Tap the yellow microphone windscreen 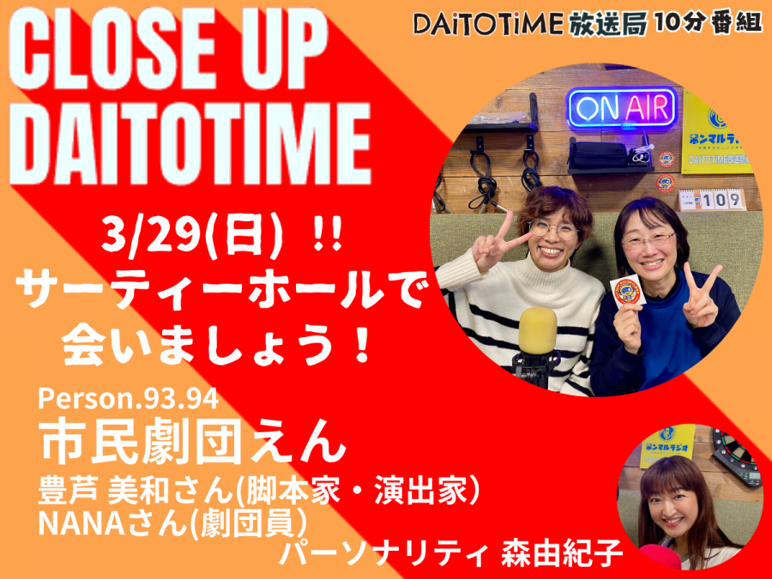(x=538, y=330)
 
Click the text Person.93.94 (x=128, y=399)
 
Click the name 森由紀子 (x=562, y=553)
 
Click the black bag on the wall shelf (x=598, y=154)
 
